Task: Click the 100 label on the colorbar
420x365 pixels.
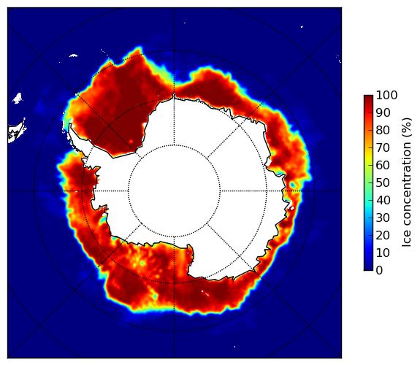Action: [386, 96]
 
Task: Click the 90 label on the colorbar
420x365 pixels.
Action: [383, 112]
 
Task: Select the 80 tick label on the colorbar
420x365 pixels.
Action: [383, 131]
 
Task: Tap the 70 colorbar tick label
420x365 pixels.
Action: [383, 147]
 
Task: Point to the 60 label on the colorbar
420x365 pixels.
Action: [383, 165]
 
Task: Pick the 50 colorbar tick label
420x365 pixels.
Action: [383, 183]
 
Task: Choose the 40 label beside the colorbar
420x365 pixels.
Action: [383, 200]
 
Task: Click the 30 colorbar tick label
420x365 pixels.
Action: [383, 218]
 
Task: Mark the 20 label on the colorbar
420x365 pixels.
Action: [383, 235]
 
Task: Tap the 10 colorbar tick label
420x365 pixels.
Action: [383, 253]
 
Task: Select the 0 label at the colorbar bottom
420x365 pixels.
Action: [380, 271]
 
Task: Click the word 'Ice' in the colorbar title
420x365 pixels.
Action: [406, 239]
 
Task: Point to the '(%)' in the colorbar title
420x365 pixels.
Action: [406, 128]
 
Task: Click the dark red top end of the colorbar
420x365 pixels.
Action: [368, 97]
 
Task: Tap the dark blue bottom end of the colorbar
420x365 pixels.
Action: [368, 269]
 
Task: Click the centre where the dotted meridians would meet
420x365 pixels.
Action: [174, 191]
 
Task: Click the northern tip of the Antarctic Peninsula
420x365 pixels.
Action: [70, 125]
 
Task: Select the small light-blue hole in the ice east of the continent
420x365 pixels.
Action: [292, 185]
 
